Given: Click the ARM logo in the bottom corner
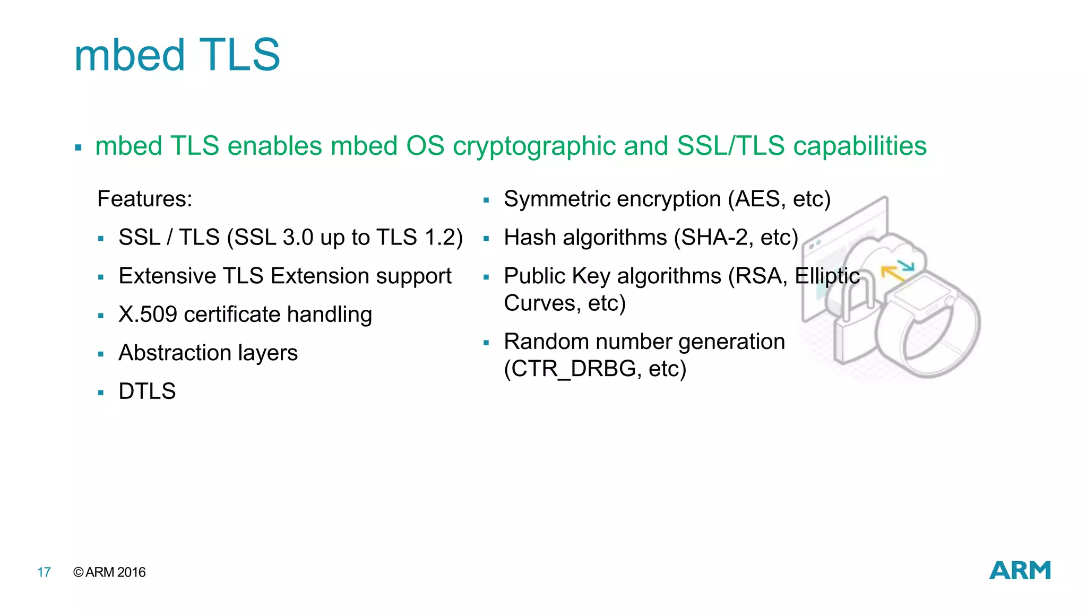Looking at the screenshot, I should [x=1020, y=570].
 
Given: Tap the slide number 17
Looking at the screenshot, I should [x=44, y=572].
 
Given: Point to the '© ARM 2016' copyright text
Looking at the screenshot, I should [x=109, y=572].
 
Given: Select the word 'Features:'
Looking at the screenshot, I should [x=144, y=199].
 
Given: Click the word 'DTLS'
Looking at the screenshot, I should [x=147, y=391].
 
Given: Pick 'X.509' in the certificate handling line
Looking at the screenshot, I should [x=148, y=315].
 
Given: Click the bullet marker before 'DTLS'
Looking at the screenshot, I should [x=101, y=393].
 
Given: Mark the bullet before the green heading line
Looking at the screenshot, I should [x=78, y=148].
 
